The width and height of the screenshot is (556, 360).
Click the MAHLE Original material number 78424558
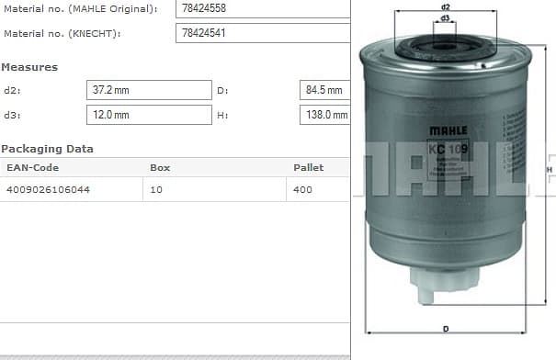click(x=204, y=9)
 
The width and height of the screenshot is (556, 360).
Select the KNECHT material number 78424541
click(x=204, y=34)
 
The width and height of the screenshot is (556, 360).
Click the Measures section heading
click(x=29, y=67)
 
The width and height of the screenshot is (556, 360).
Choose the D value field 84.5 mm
click(x=324, y=90)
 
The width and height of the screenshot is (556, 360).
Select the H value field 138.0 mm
click(x=324, y=115)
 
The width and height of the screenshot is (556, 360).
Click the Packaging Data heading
click(x=47, y=149)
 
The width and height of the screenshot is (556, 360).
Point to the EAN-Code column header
click(x=33, y=168)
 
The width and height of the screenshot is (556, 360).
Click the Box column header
click(x=160, y=168)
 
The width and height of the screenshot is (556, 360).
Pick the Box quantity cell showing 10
click(x=157, y=189)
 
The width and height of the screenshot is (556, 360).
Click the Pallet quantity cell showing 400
click(x=303, y=189)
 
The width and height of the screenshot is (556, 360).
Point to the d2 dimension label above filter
click(x=445, y=7)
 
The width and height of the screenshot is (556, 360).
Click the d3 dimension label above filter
click(x=445, y=17)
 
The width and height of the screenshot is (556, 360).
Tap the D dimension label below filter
click(x=446, y=328)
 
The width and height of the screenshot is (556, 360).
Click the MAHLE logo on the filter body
click(x=448, y=131)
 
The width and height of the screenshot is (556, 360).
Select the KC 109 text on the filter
click(x=448, y=150)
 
